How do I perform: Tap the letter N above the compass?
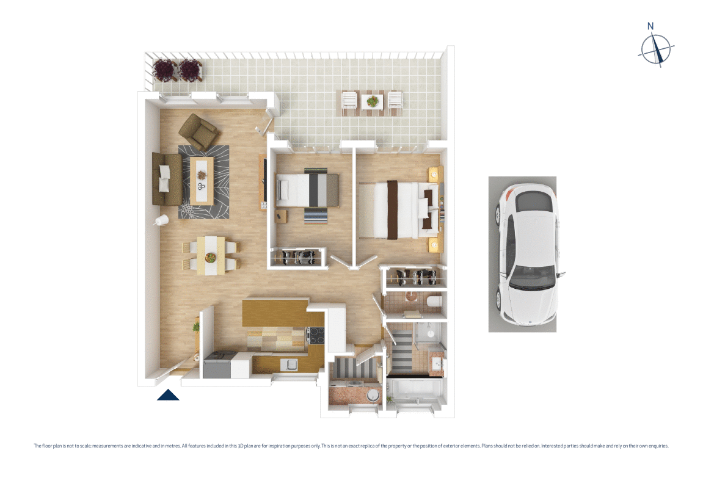click(x=650, y=26)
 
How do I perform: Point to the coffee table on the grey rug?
click(x=202, y=181)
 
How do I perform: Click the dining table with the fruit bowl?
click(x=211, y=256)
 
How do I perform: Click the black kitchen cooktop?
click(x=316, y=335)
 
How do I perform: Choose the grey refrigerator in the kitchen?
click(x=217, y=368)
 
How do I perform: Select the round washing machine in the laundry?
click(x=373, y=396)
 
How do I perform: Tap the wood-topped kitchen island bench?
click(x=274, y=312)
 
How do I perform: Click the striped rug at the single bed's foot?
click(x=316, y=216)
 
